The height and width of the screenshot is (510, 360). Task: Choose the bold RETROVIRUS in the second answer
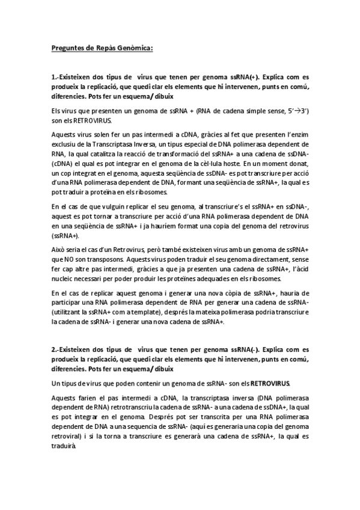pyautogui.click(x=270, y=382)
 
